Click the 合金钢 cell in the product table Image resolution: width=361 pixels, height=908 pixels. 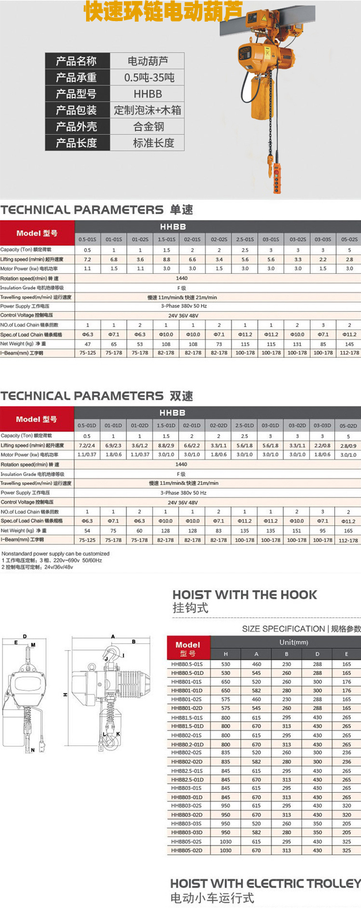pos(148,126)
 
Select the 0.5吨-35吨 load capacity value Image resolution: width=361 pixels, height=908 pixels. pos(148,77)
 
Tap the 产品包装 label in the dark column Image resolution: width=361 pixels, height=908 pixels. pos(76,110)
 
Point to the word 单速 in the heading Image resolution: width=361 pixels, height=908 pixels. pos(182,210)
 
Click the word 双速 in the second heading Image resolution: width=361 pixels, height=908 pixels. pos(182,396)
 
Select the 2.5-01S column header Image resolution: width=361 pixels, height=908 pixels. pos(245,240)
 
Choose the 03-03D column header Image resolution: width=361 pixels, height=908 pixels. pos(323,425)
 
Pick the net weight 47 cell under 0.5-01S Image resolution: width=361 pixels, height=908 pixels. pos(88,344)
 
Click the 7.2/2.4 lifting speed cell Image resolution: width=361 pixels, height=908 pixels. pos(87,445)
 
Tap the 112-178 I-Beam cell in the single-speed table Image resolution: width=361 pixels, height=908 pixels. pos(349,353)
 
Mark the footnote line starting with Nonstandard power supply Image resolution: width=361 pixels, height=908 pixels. pos(56,554)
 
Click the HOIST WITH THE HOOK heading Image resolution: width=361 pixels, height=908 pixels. pos(245,595)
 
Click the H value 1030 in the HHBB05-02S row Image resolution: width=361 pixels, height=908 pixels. pos(225,841)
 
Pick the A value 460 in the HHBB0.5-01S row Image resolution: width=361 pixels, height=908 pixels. pos(256,664)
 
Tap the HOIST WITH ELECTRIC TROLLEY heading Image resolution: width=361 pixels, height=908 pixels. pos(265,883)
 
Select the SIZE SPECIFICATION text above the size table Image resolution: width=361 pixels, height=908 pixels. pos(283,628)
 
